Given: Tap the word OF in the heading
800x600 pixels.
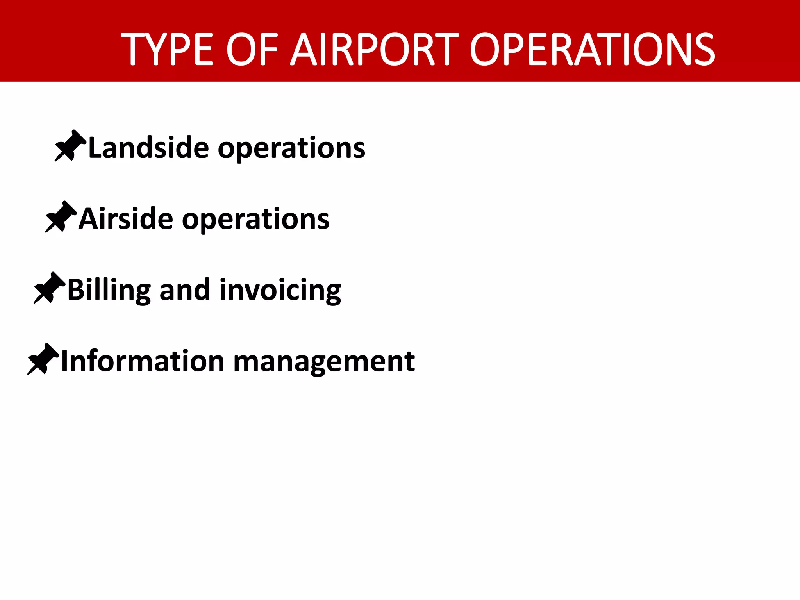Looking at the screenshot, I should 252,50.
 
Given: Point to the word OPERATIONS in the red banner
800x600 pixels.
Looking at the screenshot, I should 592,50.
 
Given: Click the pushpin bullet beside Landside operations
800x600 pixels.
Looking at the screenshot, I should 70,146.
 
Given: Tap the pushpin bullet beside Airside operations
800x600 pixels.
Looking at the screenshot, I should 61,217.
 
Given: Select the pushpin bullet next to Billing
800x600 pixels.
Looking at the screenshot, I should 49,288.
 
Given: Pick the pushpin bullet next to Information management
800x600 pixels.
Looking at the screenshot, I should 43,359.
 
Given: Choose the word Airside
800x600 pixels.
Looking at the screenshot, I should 126,219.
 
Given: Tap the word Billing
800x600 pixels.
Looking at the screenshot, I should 109,291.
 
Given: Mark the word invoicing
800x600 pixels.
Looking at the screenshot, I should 280,291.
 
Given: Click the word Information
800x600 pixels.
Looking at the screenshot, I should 143,361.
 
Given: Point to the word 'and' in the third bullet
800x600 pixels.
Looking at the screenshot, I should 185,290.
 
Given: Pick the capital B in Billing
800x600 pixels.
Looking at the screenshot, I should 75,290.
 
